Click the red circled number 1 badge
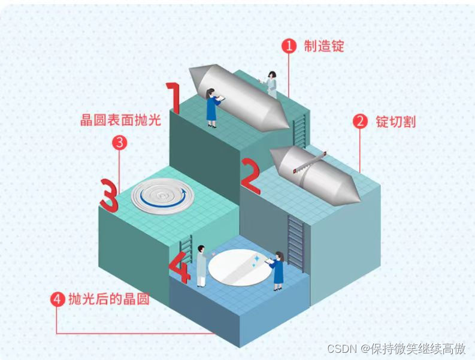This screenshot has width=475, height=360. tap(289, 46)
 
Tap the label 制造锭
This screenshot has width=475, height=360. tap(323, 46)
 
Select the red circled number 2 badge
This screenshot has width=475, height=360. tap(360, 122)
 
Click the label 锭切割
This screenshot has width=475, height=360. tap(395, 122)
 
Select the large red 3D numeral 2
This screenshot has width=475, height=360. tap(251, 176)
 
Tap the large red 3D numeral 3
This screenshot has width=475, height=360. tap(110, 195)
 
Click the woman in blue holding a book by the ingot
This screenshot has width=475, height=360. tap(212, 107)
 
